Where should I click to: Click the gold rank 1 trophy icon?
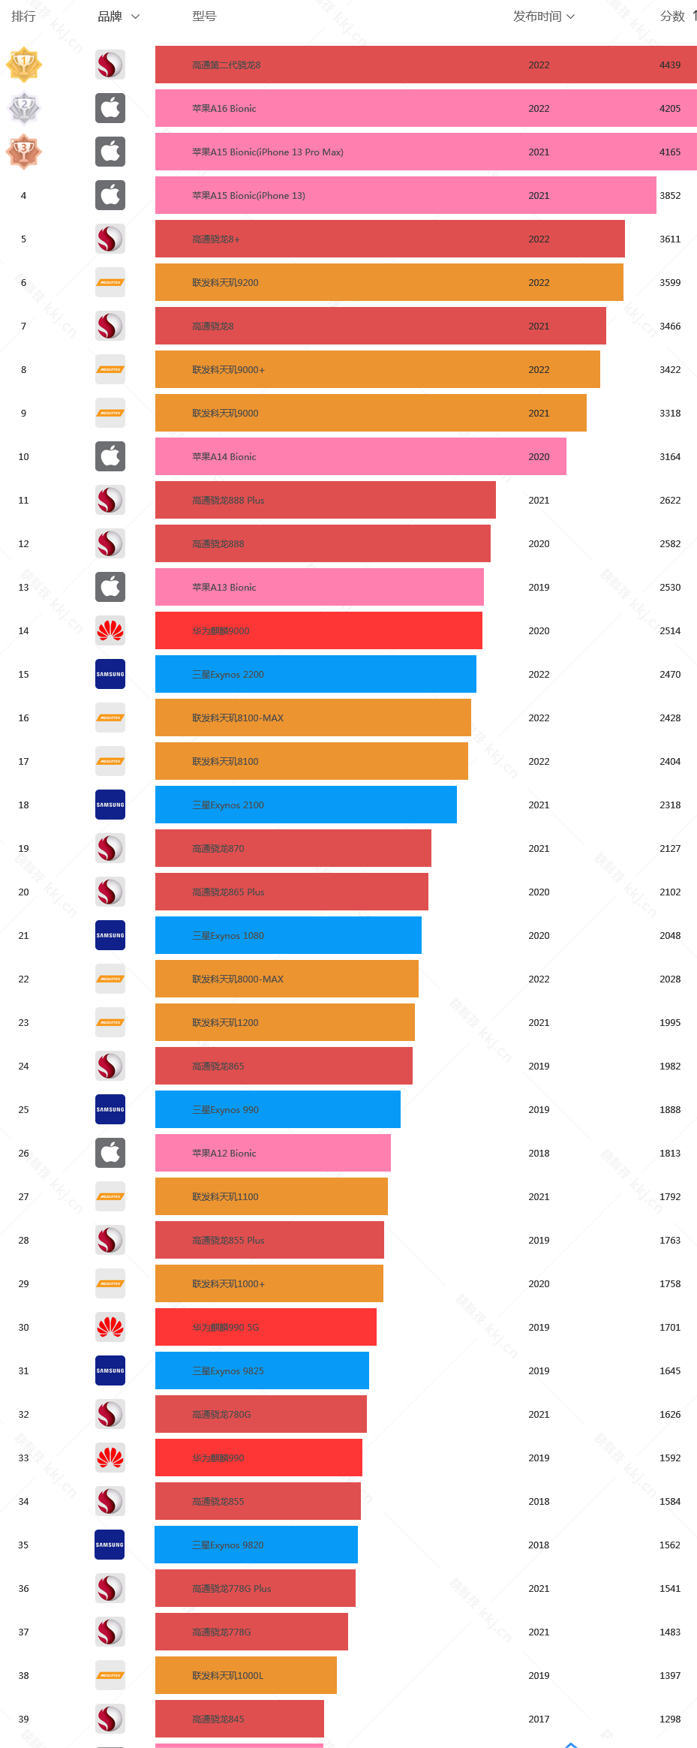pyautogui.click(x=24, y=65)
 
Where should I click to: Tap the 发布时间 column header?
pyautogui.click(x=543, y=17)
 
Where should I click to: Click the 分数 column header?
pyautogui.click(x=673, y=17)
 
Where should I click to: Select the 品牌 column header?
pyautogui.click(x=118, y=17)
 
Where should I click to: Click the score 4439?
pyautogui.click(x=670, y=65)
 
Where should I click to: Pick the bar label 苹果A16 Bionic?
pyautogui.click(x=224, y=109)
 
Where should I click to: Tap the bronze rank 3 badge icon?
pyautogui.click(x=24, y=152)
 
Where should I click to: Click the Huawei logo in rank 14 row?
pyautogui.click(x=110, y=631)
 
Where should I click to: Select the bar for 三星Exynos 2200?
pyautogui.click(x=315, y=675)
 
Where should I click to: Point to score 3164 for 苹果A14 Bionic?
pyautogui.click(x=670, y=457)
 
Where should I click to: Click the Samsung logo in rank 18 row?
pyautogui.click(x=110, y=805)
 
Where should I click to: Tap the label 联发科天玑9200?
pyautogui.click(x=225, y=283)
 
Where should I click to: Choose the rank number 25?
pyautogui.click(x=24, y=1110)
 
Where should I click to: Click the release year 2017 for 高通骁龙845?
pyautogui.click(x=539, y=1719)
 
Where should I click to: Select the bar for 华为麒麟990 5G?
pyautogui.click(x=266, y=1328)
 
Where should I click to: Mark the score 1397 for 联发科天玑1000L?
pyautogui.click(x=670, y=1676)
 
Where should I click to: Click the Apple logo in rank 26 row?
pyautogui.click(x=110, y=1154)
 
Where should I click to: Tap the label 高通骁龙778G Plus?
pyautogui.click(x=231, y=1589)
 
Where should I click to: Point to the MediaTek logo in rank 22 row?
pyautogui.click(x=110, y=979)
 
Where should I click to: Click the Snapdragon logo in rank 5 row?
pyautogui.click(x=110, y=239)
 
